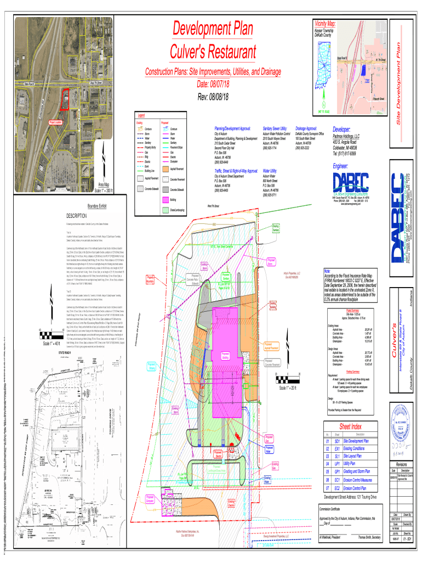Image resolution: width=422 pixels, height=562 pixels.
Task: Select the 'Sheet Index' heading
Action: tap(350, 427)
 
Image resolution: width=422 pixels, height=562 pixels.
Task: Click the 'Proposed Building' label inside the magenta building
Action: tap(225, 355)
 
